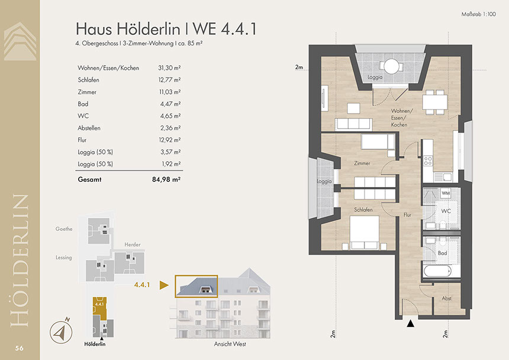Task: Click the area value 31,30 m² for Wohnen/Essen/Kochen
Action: pyautogui.click(x=169, y=68)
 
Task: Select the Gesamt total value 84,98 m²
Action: pyautogui.click(x=166, y=179)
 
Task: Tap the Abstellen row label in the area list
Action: pyautogui.click(x=89, y=128)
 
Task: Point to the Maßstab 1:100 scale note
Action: pyautogui.click(x=478, y=14)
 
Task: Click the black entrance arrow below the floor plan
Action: pyautogui.click(x=410, y=323)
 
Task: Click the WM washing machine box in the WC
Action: pyautogui.click(x=446, y=193)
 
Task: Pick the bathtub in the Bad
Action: pyautogui.click(x=437, y=271)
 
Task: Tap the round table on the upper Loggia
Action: pyautogui.click(x=391, y=66)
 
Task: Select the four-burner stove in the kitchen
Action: pyautogui.click(x=428, y=160)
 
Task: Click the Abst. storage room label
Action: pyautogui.click(x=447, y=298)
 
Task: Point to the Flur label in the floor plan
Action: pyautogui.click(x=407, y=214)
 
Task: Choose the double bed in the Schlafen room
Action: pyautogui.click(x=364, y=233)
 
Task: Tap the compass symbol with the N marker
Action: pyautogui.click(x=62, y=331)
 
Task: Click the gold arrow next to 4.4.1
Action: pyautogui.click(x=164, y=285)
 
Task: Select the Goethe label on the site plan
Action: pyautogui.click(x=64, y=229)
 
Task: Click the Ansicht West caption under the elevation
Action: pyautogui.click(x=230, y=344)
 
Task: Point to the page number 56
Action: pyautogui.click(x=19, y=348)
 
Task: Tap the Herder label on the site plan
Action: pyautogui.click(x=133, y=245)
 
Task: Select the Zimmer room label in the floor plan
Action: pyautogui.click(x=362, y=163)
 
